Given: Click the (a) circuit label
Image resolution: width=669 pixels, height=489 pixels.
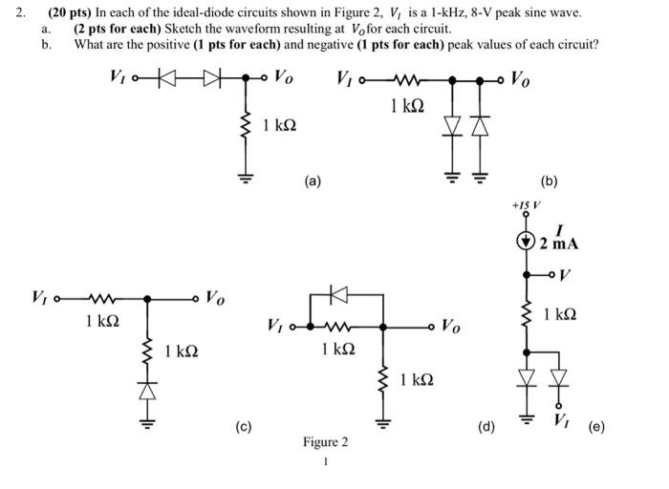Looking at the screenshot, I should [313, 179].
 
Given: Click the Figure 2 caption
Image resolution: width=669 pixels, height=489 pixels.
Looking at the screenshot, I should [325, 442].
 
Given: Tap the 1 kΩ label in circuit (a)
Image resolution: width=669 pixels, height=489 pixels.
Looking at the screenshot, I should [278, 125].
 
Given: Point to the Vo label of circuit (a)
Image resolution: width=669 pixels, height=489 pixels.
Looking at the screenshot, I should [285, 75].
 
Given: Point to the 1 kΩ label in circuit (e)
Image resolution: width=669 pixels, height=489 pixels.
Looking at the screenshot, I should [559, 314].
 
